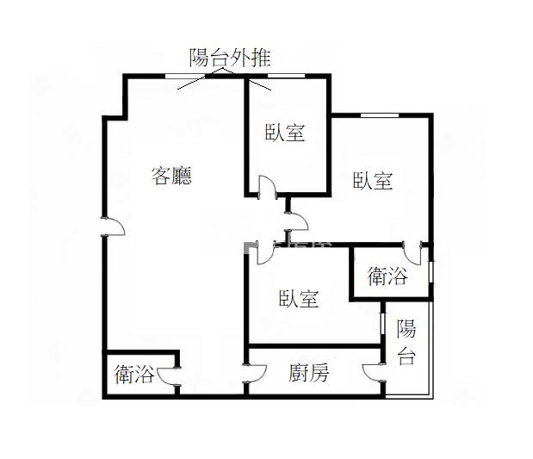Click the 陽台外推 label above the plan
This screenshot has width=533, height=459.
point(229,59)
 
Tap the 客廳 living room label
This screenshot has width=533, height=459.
point(170,177)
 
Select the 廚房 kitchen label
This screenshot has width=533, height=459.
point(308,373)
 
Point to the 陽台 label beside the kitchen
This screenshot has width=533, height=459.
point(406,342)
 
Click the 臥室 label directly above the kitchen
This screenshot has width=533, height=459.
point(299,299)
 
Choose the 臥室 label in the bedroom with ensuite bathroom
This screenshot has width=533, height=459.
point(373,181)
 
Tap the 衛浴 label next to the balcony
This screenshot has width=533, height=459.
point(387,276)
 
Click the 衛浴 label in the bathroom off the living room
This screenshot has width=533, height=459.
point(134,375)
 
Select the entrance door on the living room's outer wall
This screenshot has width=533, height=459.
point(113,226)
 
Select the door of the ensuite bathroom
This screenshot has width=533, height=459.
point(412,252)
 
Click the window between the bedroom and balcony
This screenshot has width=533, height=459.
point(381,328)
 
